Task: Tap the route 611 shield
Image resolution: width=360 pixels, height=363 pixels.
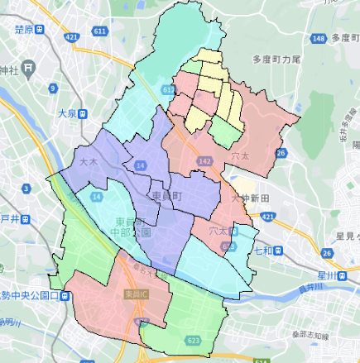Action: tap(101, 31)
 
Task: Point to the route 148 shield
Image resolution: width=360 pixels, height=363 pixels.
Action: tap(319, 38)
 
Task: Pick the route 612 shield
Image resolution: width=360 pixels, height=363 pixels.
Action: tap(169, 88)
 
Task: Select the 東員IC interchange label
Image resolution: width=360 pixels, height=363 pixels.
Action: tap(132, 294)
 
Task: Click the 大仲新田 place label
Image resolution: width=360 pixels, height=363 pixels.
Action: tap(250, 198)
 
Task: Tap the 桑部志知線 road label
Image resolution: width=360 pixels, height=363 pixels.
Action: tap(310, 336)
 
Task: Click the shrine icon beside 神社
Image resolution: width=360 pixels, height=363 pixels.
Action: tap(30, 66)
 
